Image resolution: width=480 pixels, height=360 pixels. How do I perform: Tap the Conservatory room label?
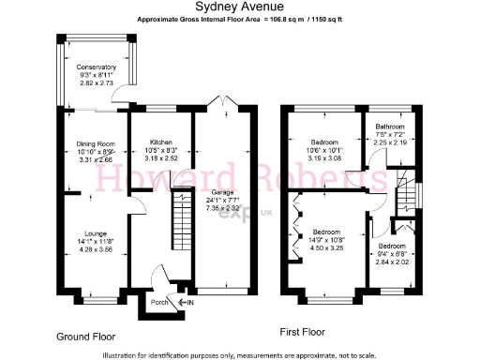97,67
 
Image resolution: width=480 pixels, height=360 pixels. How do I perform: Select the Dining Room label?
96,143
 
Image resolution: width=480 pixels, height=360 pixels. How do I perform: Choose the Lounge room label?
96,233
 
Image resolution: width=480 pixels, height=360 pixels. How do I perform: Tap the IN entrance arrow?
187,302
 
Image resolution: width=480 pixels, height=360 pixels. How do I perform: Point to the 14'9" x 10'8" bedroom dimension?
326,239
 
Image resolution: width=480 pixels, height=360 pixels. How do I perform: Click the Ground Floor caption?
85,335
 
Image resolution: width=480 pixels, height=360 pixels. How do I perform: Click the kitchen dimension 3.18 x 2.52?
156,158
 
